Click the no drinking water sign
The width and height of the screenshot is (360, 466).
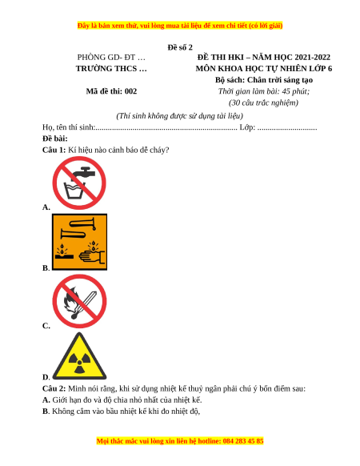[x=79, y=183]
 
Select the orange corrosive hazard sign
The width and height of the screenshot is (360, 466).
[x=80, y=242]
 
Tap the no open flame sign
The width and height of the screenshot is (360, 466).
[x=79, y=301]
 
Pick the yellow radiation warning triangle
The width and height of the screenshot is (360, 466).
[x=79, y=356]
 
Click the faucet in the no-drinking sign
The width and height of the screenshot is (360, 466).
[x=84, y=172]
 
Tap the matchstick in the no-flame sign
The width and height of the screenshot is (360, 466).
[x=84, y=304]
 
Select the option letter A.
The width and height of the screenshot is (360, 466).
[x=46, y=207]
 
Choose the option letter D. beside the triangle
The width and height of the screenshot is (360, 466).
[x=46, y=377]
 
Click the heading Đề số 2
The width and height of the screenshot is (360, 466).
[x=180, y=47]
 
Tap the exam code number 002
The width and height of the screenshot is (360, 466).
[x=130, y=91]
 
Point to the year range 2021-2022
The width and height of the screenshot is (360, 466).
[x=313, y=57]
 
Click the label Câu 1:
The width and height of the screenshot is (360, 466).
[x=54, y=150]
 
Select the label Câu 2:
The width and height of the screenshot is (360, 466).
[x=54, y=388]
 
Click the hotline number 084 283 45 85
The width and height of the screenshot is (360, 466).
[x=243, y=440]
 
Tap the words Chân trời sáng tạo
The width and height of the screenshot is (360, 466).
[x=280, y=80]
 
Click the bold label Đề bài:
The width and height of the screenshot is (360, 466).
[x=55, y=139]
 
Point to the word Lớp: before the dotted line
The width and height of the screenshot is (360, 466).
[x=247, y=127]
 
